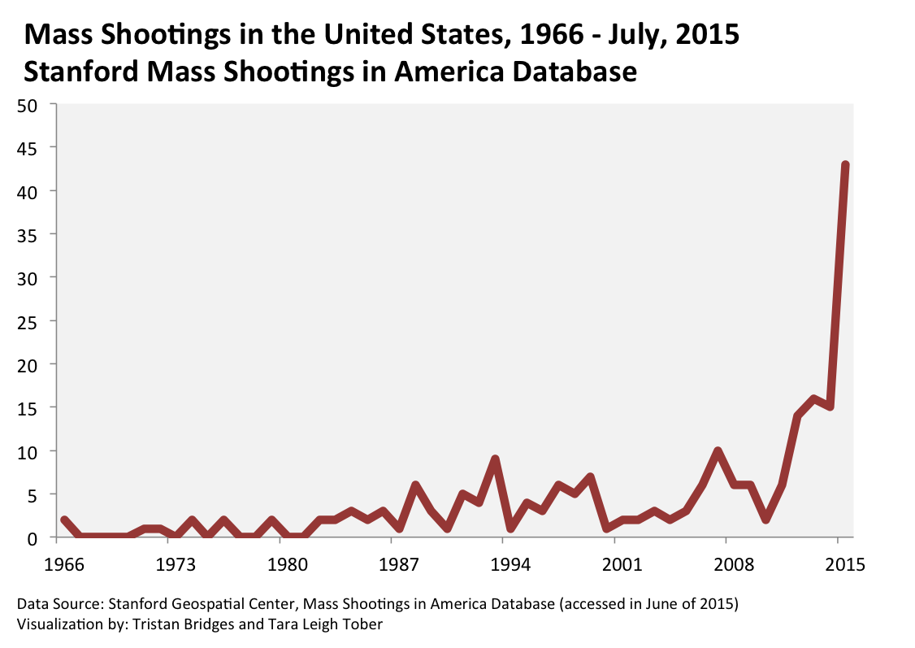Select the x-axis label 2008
point(726,563)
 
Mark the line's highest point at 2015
point(845,165)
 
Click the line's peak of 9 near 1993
point(494,459)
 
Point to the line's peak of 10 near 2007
point(718,451)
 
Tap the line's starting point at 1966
point(64,520)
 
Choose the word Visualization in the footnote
point(53,625)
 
